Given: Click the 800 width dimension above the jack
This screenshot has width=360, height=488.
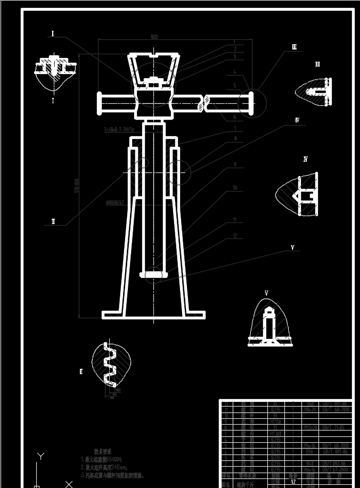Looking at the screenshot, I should pos(154,37).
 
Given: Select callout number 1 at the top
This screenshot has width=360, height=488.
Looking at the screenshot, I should pos(234,42).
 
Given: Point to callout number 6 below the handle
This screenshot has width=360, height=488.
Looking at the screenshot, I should pos(234,117).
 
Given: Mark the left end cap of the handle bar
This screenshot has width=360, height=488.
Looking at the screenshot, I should pos(99,103).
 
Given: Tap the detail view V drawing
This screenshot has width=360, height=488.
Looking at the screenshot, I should pos(270,324).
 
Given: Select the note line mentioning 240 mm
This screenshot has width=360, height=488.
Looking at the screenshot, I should pos(111,467).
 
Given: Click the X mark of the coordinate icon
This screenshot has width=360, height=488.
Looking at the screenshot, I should pos(69,484).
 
